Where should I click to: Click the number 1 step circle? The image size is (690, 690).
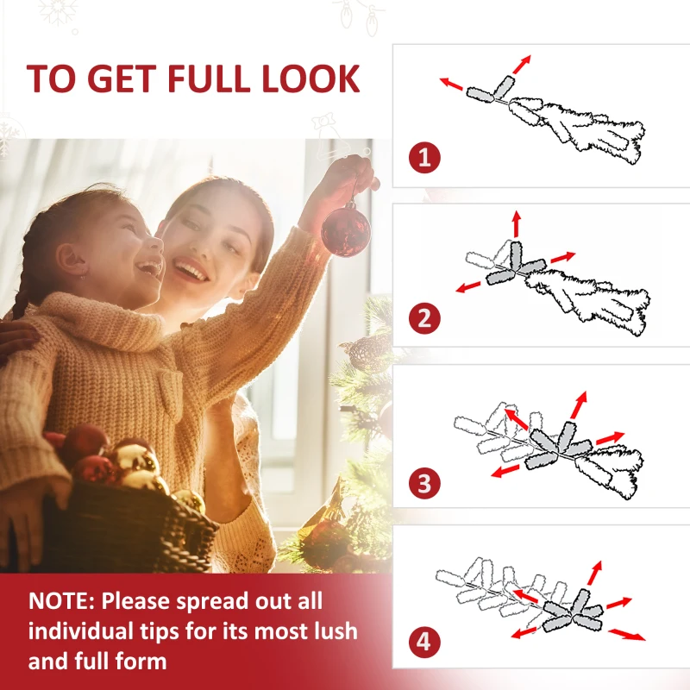pos(424,158)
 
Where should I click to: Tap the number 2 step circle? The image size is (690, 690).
pos(424,318)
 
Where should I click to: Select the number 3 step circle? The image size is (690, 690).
pos(424,483)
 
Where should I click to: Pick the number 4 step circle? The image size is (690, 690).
pos(424,642)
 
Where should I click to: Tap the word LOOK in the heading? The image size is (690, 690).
pos(311,78)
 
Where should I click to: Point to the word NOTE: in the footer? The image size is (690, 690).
pos(61,600)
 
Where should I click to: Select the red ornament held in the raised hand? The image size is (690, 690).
pos(346,229)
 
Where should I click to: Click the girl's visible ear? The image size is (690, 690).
pos(71,260)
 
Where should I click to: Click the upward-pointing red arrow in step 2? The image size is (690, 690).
pos(517,224)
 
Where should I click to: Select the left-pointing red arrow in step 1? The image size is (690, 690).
pos(452,84)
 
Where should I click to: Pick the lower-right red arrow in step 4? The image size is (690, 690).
pos(627,635)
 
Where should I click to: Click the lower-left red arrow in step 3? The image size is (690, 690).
pos(505,471)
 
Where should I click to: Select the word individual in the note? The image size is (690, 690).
pos(80,630)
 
